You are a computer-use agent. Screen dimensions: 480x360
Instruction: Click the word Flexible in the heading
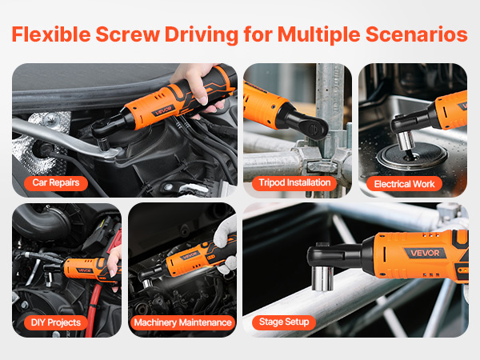point(51,34)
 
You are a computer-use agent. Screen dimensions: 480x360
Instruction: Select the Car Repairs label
point(56,182)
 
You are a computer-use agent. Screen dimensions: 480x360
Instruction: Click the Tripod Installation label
point(294,182)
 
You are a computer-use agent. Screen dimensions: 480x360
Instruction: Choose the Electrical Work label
point(404,184)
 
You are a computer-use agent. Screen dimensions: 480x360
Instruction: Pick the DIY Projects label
point(56,322)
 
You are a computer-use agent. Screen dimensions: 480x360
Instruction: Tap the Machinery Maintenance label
point(182,322)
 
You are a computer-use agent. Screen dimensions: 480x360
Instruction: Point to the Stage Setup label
point(284,322)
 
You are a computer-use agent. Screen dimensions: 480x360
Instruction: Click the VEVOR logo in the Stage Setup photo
point(425,253)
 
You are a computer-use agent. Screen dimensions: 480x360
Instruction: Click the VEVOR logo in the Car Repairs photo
point(163,110)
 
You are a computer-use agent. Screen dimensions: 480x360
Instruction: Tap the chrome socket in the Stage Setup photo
point(322,278)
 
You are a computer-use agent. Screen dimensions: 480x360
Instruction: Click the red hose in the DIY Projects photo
point(92,309)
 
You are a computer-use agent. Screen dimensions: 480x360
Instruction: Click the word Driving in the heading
point(202,34)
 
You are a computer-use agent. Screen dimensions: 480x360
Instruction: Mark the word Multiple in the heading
point(318,34)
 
